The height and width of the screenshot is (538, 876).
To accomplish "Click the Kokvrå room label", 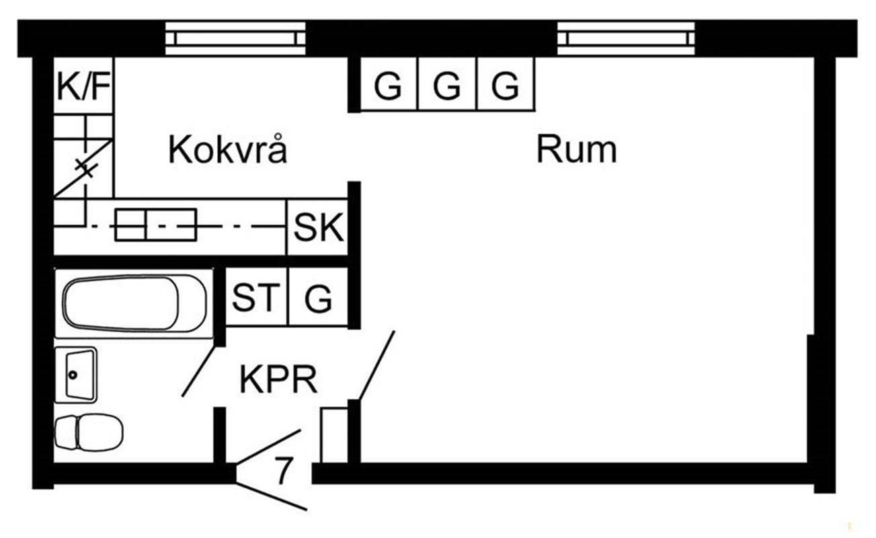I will click(x=227, y=150).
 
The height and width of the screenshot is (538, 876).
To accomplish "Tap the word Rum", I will click(x=576, y=150).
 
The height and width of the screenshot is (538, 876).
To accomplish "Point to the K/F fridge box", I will click(x=83, y=87).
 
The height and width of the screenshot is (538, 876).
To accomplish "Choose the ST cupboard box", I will click(x=255, y=297).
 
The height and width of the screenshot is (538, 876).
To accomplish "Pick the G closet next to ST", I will click(x=319, y=297).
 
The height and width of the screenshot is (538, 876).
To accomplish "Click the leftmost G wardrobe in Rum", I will click(x=389, y=85).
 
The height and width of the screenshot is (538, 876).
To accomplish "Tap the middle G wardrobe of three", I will click(x=447, y=85).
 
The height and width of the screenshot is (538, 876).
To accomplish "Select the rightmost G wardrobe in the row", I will click(x=506, y=85).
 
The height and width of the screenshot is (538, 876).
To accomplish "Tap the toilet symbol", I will click(x=88, y=432).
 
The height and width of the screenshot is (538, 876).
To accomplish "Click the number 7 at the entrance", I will click(x=284, y=471).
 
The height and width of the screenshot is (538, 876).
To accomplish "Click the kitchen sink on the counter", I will click(x=155, y=225).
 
